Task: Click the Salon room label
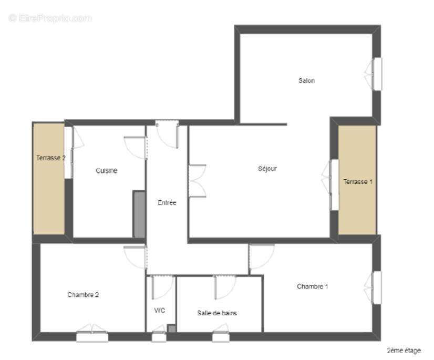[306, 80]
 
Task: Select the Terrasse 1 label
[358, 182]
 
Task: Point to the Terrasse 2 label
[50, 157]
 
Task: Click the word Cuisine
[106, 170]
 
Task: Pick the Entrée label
[167, 202]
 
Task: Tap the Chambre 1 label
[312, 286]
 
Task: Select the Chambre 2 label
[83, 295]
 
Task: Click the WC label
[160, 311]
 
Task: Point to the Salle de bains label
[217, 313]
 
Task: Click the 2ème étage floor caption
[404, 350]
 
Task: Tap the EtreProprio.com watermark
[50, 18]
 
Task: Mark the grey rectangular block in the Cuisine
[139, 214]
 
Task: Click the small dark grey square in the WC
[171, 329]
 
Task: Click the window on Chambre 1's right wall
[376, 287]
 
